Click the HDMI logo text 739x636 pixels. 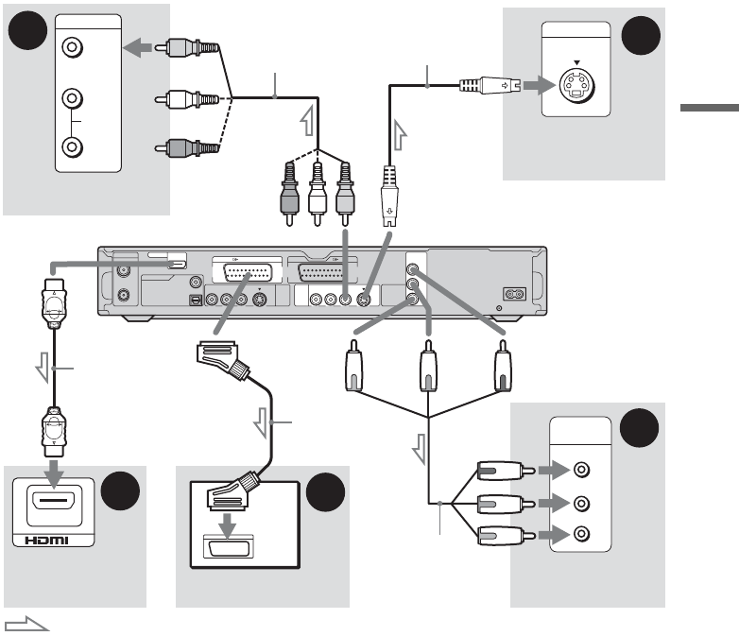[x=46, y=541]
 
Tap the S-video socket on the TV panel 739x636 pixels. [x=576, y=85]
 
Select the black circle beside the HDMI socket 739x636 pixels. [x=120, y=490]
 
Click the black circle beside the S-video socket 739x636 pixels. [x=641, y=35]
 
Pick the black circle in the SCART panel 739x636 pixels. [x=325, y=491]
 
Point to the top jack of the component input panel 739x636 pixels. [x=581, y=470]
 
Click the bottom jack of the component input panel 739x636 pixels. [x=581, y=534]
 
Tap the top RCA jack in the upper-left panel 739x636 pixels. [x=72, y=47]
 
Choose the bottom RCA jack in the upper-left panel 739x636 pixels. [x=72, y=146]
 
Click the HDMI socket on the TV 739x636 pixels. [x=54, y=505]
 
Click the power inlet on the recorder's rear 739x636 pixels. [x=514, y=295]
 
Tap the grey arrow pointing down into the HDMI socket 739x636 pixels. [x=54, y=473]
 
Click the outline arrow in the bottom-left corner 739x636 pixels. [x=26, y=625]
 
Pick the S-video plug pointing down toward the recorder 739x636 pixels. [x=388, y=197]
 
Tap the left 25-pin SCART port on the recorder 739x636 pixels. [x=247, y=273]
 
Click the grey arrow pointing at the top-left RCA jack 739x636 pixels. [x=137, y=47]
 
